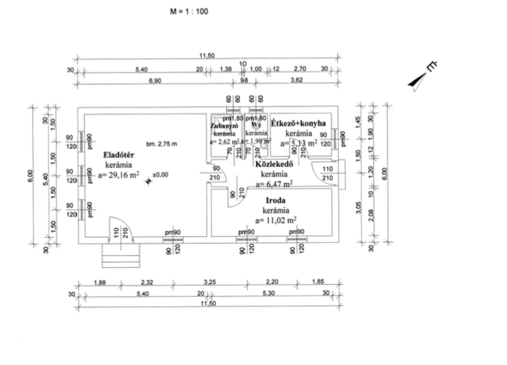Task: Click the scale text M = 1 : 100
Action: tap(189, 11)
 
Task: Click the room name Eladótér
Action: tap(118, 155)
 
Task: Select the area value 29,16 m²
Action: tap(118, 175)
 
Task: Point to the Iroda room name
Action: tap(276, 201)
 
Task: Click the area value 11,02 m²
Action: tap(276, 220)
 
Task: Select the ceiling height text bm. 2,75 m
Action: tap(161, 144)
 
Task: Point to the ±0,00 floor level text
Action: tap(160, 175)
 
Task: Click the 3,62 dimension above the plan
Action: tap(297, 80)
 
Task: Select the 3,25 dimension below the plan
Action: tap(209, 282)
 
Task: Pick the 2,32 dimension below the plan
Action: tap(148, 282)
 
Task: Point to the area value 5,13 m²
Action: tap(299, 144)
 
